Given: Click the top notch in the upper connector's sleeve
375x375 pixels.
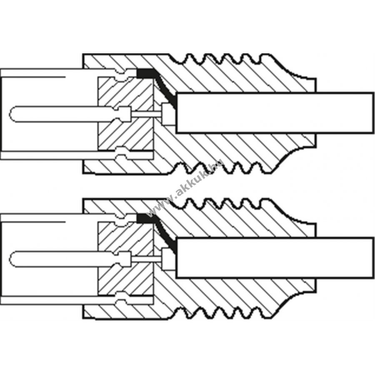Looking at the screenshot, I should (121, 77).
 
